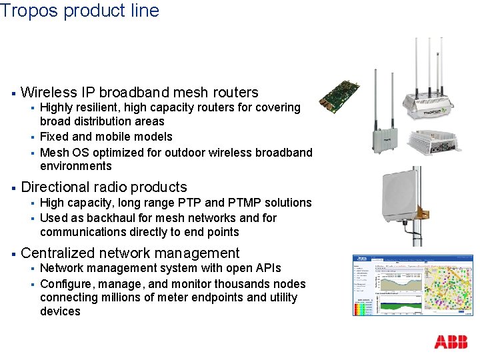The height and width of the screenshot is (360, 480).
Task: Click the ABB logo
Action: [451, 342]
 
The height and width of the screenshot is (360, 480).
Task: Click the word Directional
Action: [55, 187]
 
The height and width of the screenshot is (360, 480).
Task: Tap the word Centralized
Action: [59, 253]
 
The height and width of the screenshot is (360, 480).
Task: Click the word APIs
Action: [265, 268]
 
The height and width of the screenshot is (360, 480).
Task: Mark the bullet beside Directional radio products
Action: [13, 188]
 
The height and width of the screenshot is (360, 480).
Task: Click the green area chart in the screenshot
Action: [394, 307]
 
